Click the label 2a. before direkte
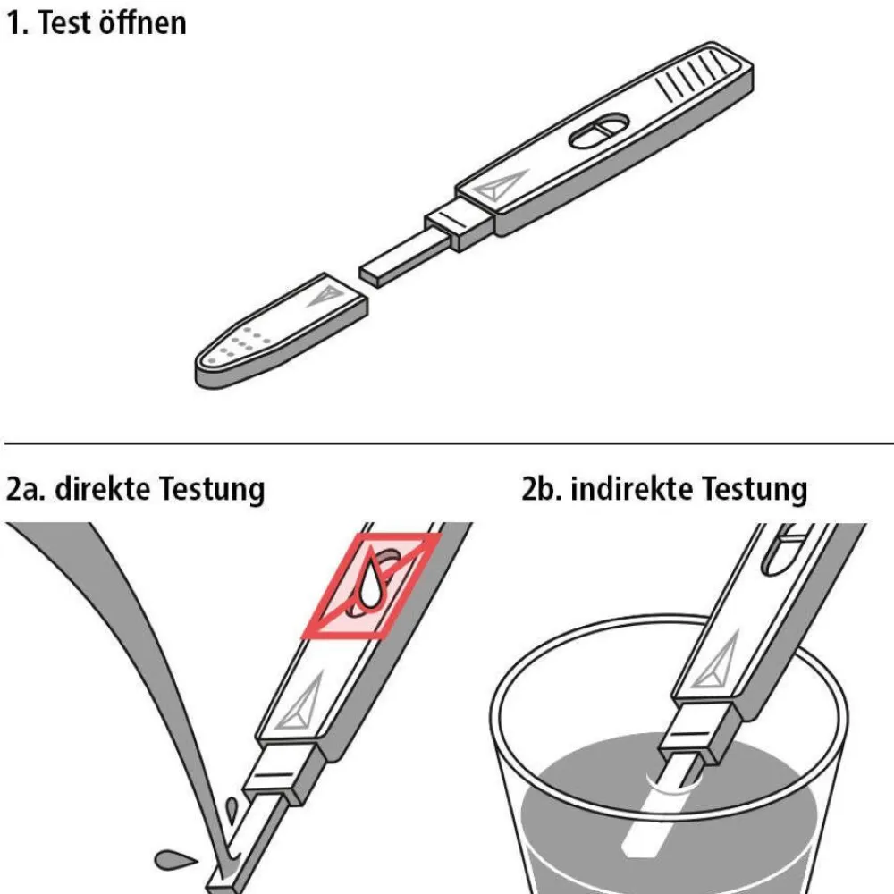[x=26, y=490]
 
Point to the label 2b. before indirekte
[x=542, y=489]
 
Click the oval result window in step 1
[x=599, y=131]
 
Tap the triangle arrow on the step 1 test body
[x=500, y=185]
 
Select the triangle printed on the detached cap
[x=325, y=294]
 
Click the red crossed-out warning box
[x=370, y=586]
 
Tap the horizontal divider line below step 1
[x=449, y=443]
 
